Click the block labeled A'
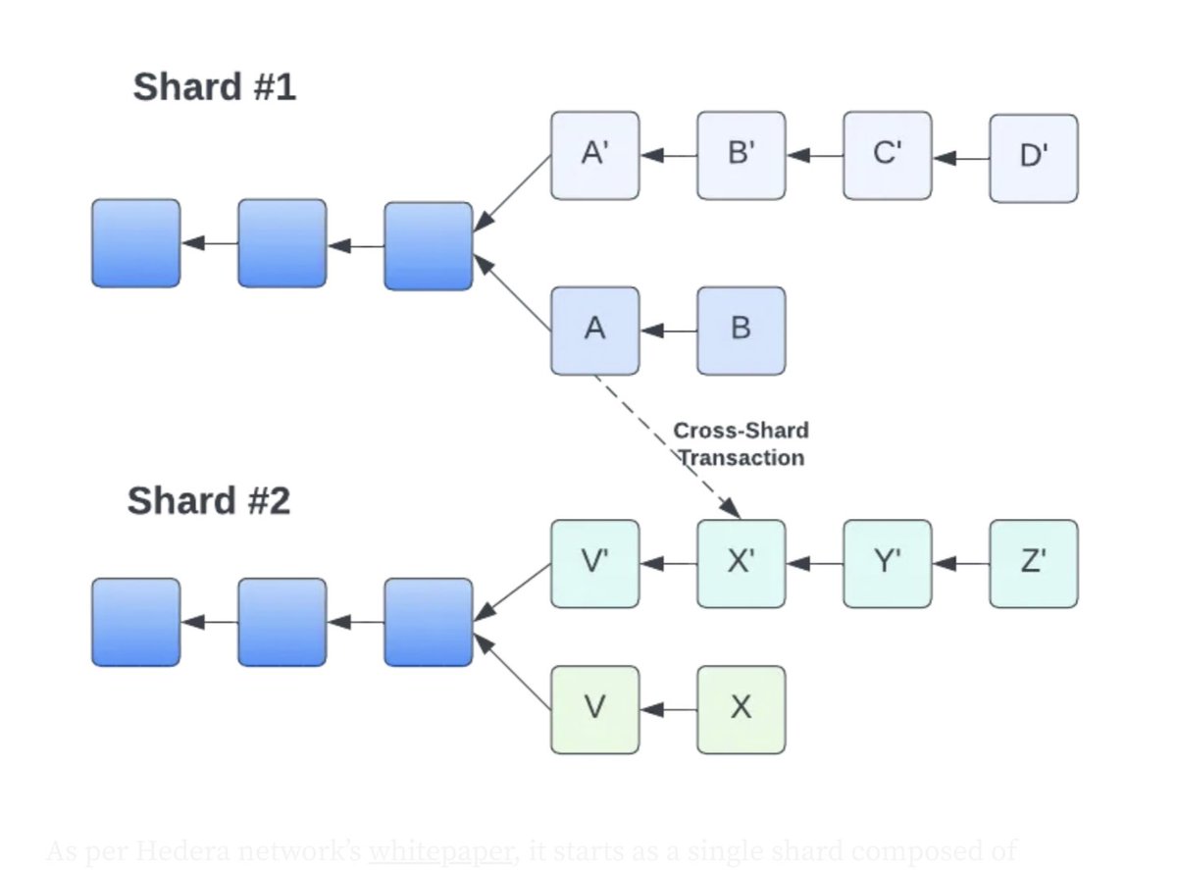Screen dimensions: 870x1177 click(594, 155)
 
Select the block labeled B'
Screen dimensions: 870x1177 click(741, 155)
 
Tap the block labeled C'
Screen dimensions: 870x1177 click(887, 155)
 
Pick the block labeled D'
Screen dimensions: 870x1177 click(1033, 158)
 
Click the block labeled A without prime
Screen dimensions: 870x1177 click(594, 331)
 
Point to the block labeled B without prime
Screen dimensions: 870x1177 click(741, 331)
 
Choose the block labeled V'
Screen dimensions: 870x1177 click(594, 563)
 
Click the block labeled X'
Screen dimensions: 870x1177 click(741, 563)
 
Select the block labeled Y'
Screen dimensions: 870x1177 click(887, 563)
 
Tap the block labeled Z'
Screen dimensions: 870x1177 click(1033, 563)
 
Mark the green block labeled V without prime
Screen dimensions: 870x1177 click(594, 709)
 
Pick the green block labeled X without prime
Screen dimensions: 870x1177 click(741, 709)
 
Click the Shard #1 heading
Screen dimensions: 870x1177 click(214, 87)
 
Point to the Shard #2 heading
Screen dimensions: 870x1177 click(208, 501)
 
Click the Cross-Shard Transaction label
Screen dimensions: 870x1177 click(741, 443)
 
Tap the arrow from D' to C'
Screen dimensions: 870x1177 click(960, 157)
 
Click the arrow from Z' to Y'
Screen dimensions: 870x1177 click(960, 564)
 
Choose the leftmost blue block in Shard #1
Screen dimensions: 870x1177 click(135, 243)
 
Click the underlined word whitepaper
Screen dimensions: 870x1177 click(440, 851)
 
